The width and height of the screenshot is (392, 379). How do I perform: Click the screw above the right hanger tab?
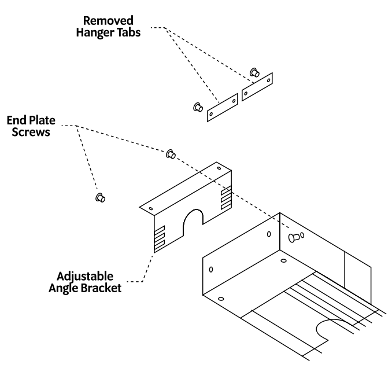tap(253, 72)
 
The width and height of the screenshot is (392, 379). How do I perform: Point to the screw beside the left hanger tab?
tap(197, 107)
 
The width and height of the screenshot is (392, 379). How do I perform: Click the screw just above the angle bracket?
tap(171, 154)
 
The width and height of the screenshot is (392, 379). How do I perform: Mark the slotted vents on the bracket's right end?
tap(225, 198)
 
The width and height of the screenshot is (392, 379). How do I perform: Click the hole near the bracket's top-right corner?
tap(219, 168)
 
